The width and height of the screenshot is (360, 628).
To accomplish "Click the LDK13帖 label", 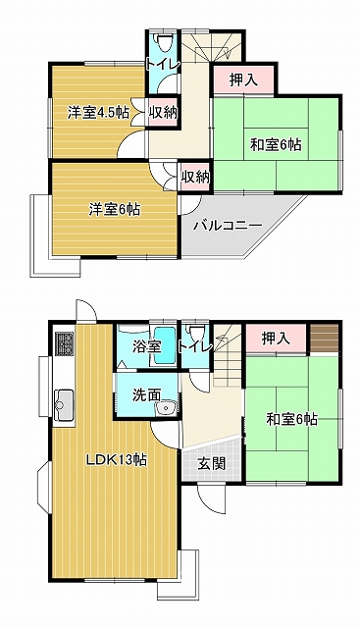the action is point(117,460).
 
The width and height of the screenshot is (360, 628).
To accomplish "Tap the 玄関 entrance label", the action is point(212,463).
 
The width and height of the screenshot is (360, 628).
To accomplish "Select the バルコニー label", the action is point(228,226).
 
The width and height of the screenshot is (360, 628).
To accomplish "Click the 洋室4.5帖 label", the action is point(98,113).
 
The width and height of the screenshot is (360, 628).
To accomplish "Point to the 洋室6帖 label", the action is point(115,209).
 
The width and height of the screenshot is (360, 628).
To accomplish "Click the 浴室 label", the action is point(147,346).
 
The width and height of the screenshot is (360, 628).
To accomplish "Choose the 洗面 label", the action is point(146,394).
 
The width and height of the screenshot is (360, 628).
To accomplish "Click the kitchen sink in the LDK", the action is point(64,405).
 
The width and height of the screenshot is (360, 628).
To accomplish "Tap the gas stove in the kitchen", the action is point(64,344).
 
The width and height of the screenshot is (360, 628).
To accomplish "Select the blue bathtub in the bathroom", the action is point(165,346).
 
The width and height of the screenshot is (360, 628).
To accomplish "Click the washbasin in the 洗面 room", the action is point(165,408).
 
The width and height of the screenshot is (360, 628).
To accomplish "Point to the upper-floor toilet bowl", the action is point(164,43).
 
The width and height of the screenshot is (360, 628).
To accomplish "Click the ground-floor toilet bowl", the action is point(196,334).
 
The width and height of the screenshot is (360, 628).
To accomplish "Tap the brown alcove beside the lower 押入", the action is point(325,339).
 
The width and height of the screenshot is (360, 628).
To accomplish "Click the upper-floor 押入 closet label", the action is point(243,80).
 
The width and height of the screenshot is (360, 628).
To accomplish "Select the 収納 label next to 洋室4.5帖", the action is point(163,113).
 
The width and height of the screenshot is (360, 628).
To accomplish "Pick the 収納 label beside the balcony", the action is point(195,177).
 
